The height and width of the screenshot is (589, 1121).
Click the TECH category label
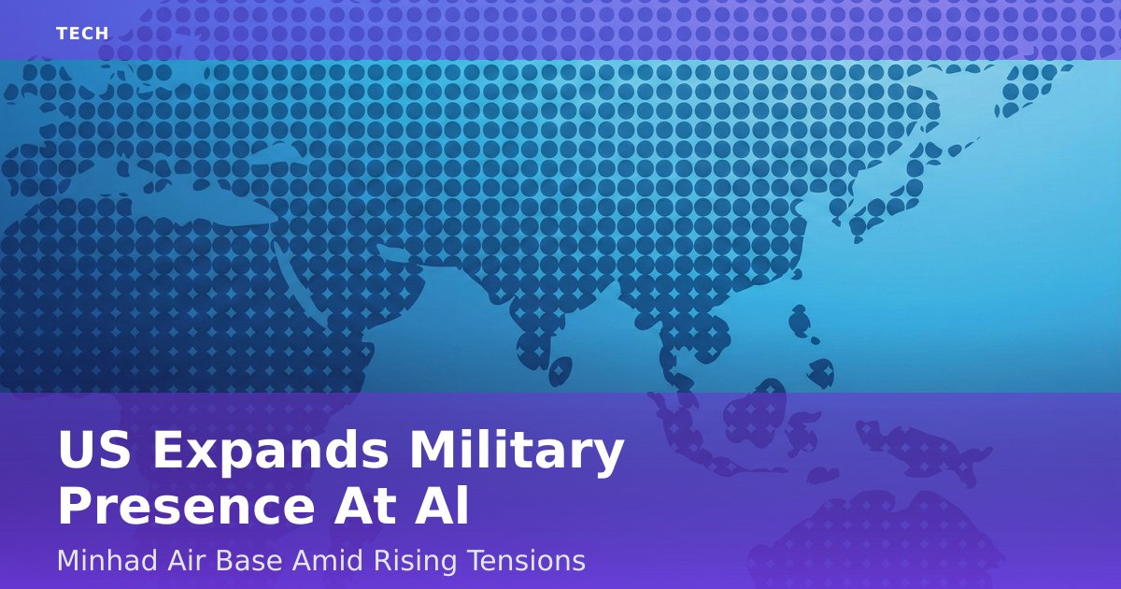(x=82, y=34)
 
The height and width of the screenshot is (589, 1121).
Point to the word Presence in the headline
(x=186, y=507)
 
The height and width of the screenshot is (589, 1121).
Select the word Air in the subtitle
(x=187, y=560)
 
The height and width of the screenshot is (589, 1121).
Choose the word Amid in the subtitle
(x=327, y=560)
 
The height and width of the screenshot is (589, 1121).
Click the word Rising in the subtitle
(x=415, y=562)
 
